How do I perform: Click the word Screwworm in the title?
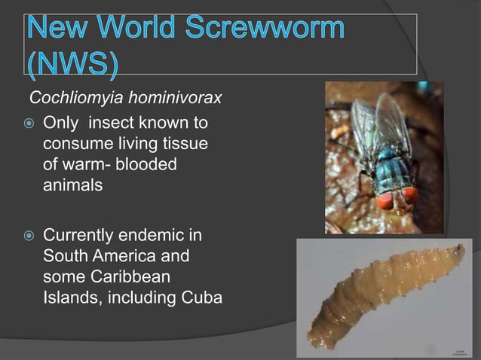coord(261,32)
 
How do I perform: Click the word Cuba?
coord(202,297)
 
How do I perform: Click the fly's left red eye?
coord(384,201)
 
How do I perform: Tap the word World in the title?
coord(133,32)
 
